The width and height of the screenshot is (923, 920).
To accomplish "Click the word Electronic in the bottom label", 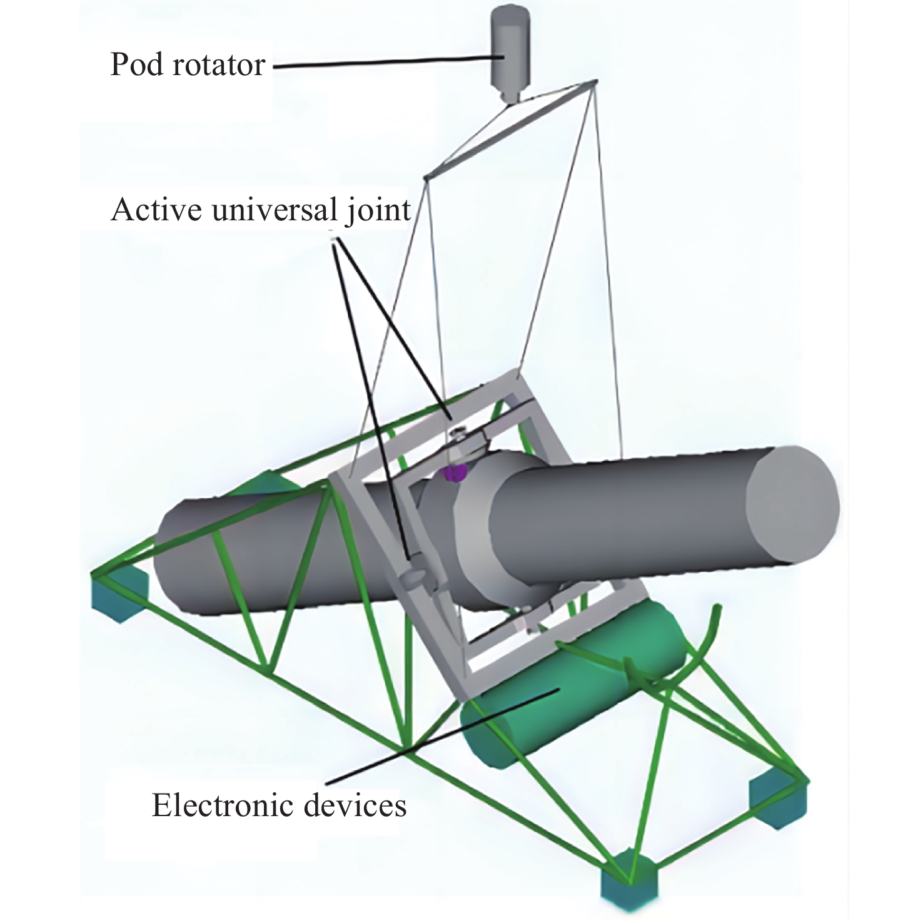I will tap(222, 805).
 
